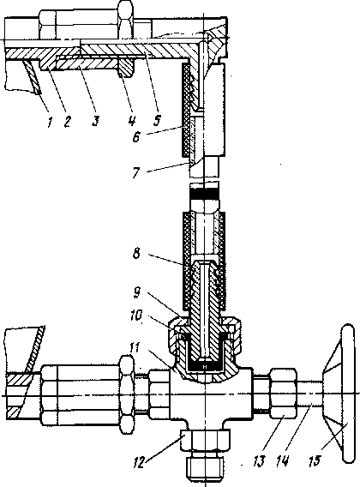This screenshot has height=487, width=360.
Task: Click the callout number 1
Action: click(x=50, y=122)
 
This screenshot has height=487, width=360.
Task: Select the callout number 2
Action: click(x=68, y=122)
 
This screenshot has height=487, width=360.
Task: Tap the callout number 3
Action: click(x=96, y=122)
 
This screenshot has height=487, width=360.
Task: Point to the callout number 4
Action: click(x=132, y=121)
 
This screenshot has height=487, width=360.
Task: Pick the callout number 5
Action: click(x=158, y=120)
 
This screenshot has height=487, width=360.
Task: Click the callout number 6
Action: click(x=136, y=136)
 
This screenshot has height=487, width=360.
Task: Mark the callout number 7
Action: click(x=135, y=173)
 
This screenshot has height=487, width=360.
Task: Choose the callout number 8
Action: click(x=136, y=254)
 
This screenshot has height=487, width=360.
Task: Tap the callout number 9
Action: click(x=137, y=293)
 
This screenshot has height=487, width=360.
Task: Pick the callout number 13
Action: click(x=259, y=462)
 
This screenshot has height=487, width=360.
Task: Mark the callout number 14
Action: click(x=284, y=462)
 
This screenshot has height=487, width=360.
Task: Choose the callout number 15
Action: click(x=314, y=461)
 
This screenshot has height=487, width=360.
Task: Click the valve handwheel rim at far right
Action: click(x=348, y=394)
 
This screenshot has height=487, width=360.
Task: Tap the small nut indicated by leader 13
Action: click(x=284, y=394)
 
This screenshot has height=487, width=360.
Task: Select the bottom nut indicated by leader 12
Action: click(x=206, y=439)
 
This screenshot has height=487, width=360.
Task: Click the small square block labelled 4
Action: click(x=127, y=68)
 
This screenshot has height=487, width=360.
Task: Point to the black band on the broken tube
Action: click(x=204, y=194)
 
